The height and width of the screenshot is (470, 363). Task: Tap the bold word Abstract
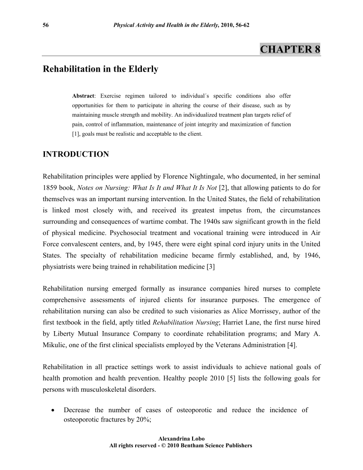pos(83,96)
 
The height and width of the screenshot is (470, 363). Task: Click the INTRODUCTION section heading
pos(76,154)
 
